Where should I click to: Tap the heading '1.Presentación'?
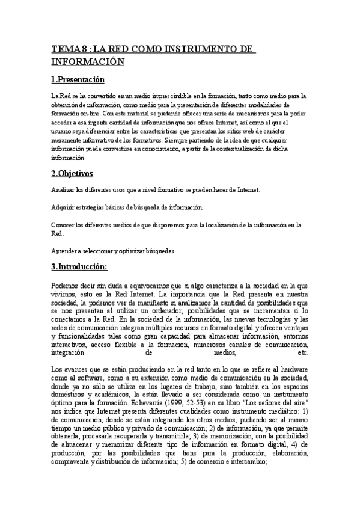pos(78,79)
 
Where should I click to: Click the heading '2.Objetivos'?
pos(72,173)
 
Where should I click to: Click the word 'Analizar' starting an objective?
pos(63,190)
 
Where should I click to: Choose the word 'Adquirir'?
pos(64,207)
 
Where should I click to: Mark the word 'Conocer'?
pos(64,225)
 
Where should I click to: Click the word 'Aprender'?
pos(64,252)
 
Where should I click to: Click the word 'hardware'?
pos(292,352)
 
